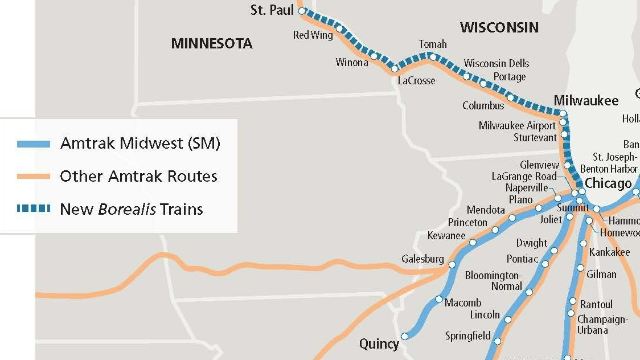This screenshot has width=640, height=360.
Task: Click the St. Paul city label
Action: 272,10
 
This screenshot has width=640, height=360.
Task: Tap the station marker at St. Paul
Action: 302,10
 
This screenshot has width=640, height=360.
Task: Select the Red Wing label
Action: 313,35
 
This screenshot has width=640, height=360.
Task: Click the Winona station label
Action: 352,63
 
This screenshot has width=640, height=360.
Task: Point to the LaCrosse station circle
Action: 395,69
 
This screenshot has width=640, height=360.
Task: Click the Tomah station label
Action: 433,44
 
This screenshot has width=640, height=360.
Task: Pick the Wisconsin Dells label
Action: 496,63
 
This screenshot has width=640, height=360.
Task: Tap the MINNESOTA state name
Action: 212,44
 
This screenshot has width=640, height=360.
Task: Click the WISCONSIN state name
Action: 499,27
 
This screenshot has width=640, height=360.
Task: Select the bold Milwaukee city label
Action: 586,101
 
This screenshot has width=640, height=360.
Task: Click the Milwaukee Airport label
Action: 517,126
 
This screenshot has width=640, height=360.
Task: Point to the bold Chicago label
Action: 608,183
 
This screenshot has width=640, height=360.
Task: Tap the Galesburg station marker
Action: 452,264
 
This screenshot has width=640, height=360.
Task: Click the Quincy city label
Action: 379,344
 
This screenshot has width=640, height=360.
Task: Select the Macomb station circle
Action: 439,299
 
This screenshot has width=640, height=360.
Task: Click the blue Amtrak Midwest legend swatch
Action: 34,144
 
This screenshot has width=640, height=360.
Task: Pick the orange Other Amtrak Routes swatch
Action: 34,177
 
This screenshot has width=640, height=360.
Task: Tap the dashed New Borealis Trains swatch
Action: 34,209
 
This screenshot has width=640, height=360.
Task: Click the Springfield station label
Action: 468,336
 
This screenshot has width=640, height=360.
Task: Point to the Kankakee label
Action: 609,252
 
